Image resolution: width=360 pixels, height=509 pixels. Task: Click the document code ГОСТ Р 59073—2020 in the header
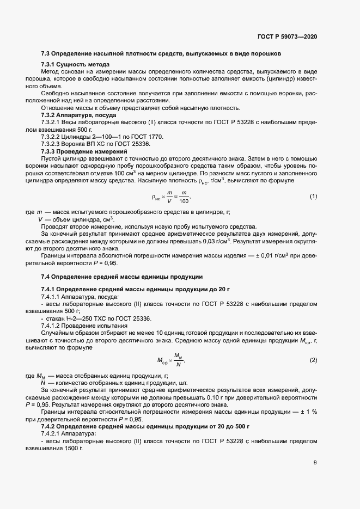click(x=287, y=36)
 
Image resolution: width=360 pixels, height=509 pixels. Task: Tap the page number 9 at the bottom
click(x=315, y=464)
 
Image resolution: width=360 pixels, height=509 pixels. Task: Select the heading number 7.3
click(x=46, y=54)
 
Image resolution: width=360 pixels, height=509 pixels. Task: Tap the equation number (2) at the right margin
click(x=313, y=360)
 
